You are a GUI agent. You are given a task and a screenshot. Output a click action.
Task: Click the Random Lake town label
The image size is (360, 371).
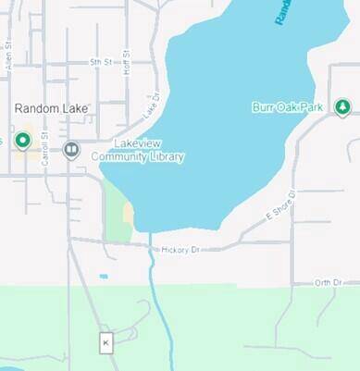click(x=51, y=108)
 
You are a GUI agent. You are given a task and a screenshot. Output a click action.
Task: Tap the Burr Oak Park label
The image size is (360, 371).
click(x=287, y=107)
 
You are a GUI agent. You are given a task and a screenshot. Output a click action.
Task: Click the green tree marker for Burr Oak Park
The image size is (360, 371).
click(x=342, y=107)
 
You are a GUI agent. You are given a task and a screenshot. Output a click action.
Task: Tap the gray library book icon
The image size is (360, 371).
click(x=71, y=149)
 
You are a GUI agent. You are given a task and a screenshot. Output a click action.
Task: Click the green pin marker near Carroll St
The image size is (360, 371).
click(x=23, y=141)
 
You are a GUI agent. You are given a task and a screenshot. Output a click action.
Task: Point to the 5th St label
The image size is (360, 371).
click(x=100, y=62)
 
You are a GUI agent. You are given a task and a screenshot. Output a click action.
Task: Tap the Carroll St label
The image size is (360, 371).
click(x=44, y=145)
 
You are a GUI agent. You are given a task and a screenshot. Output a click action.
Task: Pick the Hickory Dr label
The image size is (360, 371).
click(x=180, y=250)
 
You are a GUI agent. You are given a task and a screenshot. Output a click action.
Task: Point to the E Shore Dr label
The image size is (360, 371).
click(x=279, y=206)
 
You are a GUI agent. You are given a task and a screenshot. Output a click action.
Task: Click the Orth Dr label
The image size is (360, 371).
click(x=328, y=282)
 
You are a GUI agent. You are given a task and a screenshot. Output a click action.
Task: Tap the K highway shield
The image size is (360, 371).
click(x=106, y=342)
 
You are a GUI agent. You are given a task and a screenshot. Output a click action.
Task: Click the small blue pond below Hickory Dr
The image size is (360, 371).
click(x=103, y=276)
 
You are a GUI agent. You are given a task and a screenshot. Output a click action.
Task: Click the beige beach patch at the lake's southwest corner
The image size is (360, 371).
click(x=128, y=215)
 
